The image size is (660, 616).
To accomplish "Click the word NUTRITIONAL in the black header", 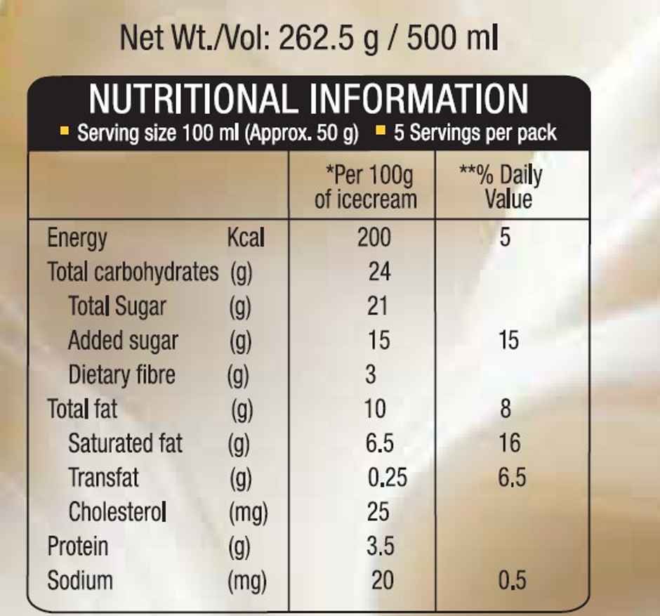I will point(191,99).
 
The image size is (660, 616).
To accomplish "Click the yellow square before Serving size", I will point(65,131).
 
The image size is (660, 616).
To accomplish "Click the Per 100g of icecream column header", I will point(365,186).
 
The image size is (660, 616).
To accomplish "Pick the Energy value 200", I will point(374,237).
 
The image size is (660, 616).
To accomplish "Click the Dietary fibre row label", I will point(121,374).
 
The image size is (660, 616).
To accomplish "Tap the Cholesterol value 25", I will point(378,511).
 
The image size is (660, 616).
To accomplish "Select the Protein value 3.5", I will point(381,546).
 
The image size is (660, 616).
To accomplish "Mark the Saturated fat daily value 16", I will point(510,443).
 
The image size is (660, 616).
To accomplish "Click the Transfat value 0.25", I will point(388,478).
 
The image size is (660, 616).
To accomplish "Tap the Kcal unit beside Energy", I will point(246,237).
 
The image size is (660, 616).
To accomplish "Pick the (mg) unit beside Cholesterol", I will point(248,513).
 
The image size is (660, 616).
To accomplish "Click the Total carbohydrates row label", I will point(133,272).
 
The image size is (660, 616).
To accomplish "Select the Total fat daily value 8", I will point(506,409).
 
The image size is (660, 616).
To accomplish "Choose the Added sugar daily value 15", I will point(508,341).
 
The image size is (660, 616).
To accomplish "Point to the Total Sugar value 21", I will point(378,306).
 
